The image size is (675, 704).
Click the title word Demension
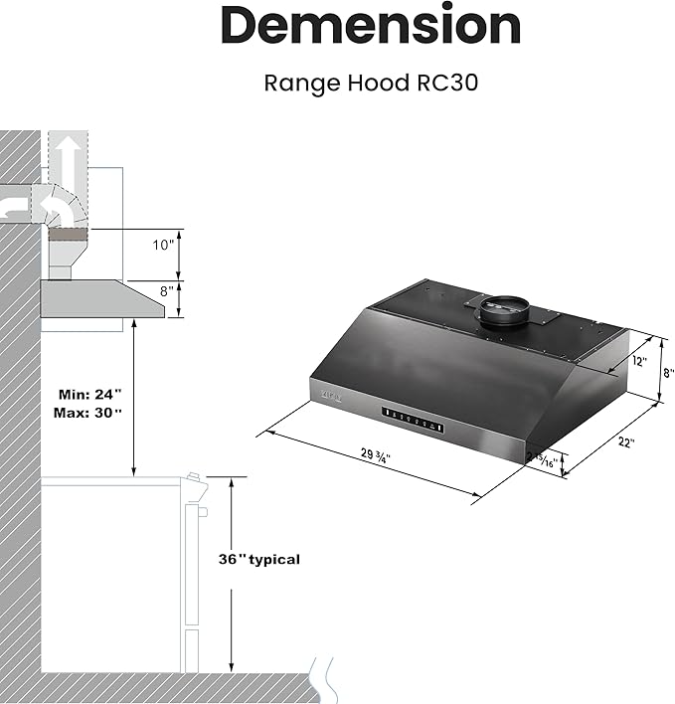pyautogui.click(x=370, y=27)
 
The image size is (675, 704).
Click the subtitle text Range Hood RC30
pyautogui.click(x=370, y=83)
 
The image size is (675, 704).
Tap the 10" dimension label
pyautogui.click(x=163, y=244)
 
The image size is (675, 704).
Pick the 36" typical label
pyautogui.click(x=258, y=559)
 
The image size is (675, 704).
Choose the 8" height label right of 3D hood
pyautogui.click(x=668, y=373)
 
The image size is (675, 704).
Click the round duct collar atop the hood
pyautogui.click(x=505, y=310)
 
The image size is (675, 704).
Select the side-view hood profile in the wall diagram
pyautogui.click(x=99, y=298)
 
